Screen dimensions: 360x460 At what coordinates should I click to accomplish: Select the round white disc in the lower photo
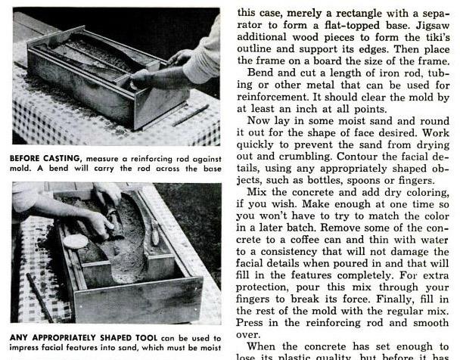coord(75,241)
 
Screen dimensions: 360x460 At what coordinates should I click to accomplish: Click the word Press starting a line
coord(253,321)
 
